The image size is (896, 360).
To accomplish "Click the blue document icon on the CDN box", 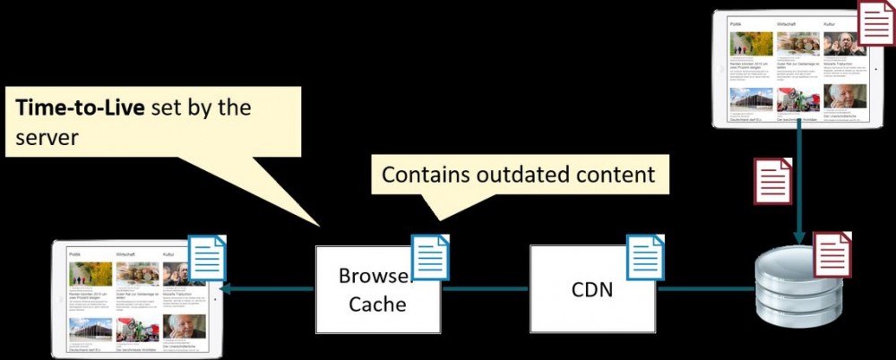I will point(645,257).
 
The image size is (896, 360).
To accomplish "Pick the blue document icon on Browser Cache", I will point(430,257).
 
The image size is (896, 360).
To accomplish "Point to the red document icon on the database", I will point(831,253).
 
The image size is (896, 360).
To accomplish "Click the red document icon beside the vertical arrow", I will point(772,181).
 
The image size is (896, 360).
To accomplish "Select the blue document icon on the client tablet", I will point(206,258).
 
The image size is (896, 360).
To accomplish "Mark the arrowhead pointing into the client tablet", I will point(227,288).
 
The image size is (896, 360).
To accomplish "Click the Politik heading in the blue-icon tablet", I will point(75,254).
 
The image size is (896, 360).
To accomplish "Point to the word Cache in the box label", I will point(377,304).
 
